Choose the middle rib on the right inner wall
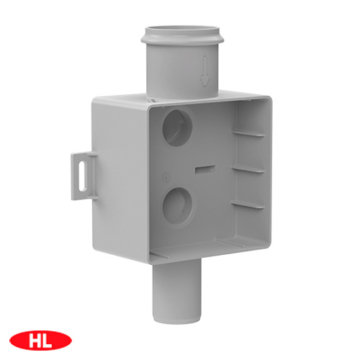[247, 168]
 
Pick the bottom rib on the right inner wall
[247, 205]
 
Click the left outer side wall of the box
[119, 180]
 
